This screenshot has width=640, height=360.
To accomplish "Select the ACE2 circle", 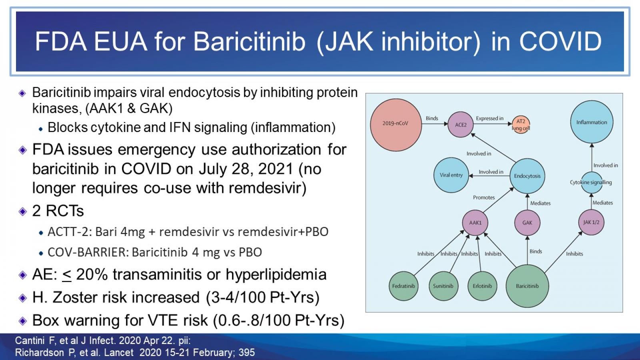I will [460, 124].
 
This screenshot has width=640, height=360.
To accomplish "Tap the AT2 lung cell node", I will [521, 124].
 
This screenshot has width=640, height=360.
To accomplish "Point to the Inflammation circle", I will [592, 122].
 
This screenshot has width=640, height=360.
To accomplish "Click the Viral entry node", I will [451, 175].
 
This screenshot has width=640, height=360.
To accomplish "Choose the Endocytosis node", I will [527, 176].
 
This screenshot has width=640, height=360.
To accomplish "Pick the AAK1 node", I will [475, 222].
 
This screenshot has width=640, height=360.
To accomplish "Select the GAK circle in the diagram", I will [527, 222].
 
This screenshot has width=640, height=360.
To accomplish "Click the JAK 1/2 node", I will [591, 222].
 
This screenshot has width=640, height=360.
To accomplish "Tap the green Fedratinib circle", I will [403, 286].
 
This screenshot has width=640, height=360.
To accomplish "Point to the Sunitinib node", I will [443, 286].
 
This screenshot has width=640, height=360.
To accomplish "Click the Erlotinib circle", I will [482, 286].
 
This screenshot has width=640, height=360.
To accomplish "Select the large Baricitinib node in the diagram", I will [527, 286].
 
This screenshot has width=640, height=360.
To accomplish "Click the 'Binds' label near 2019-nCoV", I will [432, 118].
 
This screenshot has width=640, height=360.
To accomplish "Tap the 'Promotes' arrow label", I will [484, 198].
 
